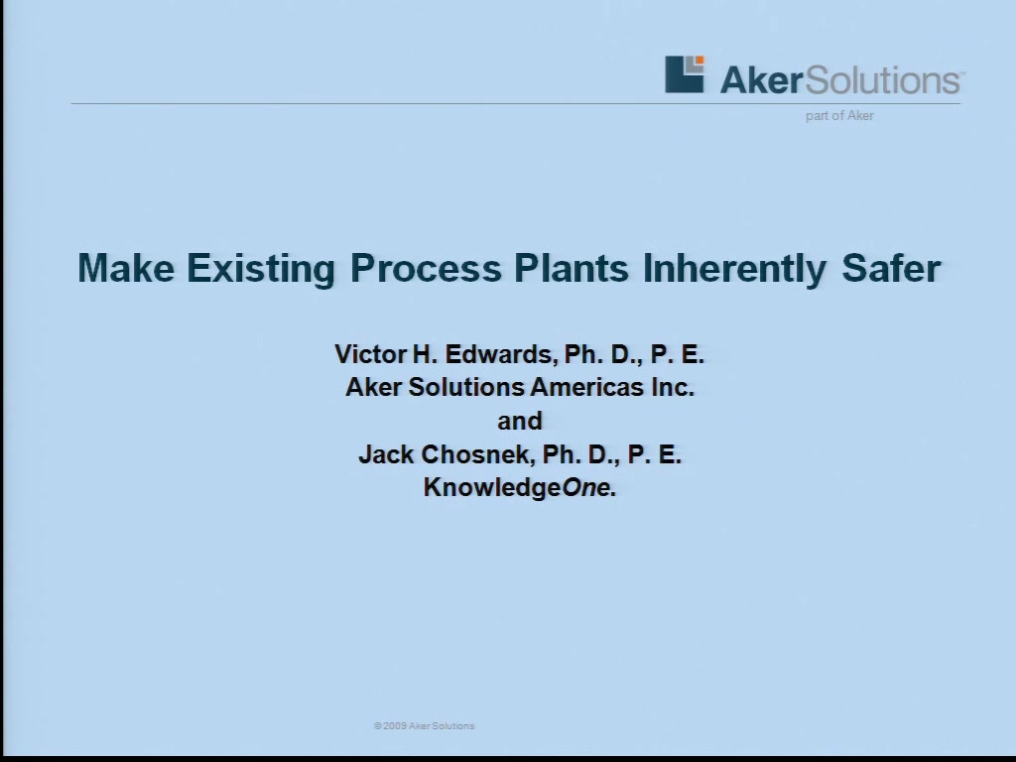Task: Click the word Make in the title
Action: pyautogui.click(x=126, y=268)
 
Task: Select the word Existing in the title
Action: pyautogui.click(x=261, y=269)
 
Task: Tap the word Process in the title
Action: pyautogui.click(x=426, y=268)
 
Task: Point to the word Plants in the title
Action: pyautogui.click(x=571, y=268)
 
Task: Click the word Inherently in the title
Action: pyautogui.click(x=735, y=269)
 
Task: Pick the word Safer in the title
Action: pyautogui.click(x=891, y=268)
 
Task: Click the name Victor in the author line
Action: pyautogui.click(x=371, y=354)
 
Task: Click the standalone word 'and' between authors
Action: pyautogui.click(x=520, y=421)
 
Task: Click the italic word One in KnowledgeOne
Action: pyautogui.click(x=586, y=487)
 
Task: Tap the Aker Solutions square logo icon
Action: pyautogui.click(x=685, y=73)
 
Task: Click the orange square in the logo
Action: pyautogui.click(x=699, y=61)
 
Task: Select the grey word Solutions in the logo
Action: pyautogui.click(x=882, y=79)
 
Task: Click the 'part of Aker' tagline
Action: pyautogui.click(x=839, y=116)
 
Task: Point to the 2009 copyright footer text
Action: pyautogui.click(x=425, y=725)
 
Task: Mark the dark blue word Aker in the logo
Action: pyautogui.click(x=762, y=79)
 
